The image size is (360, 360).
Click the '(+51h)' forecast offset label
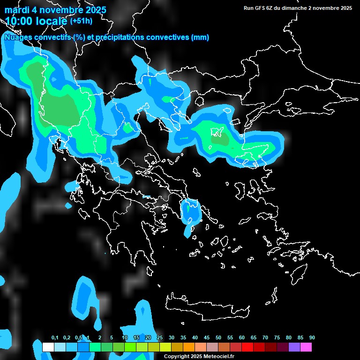[81, 21]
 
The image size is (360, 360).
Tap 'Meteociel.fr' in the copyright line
[218, 357]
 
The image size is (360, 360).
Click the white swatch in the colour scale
[48, 347]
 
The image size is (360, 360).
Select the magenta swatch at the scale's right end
[306, 347]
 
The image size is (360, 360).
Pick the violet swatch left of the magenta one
[294, 347]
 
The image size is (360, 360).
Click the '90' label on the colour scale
[312, 338]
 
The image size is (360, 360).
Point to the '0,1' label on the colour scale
[55, 338]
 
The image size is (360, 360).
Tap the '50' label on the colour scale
[218, 338]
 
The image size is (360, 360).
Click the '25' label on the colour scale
[160, 338]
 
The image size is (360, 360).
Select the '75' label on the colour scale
[277, 338]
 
